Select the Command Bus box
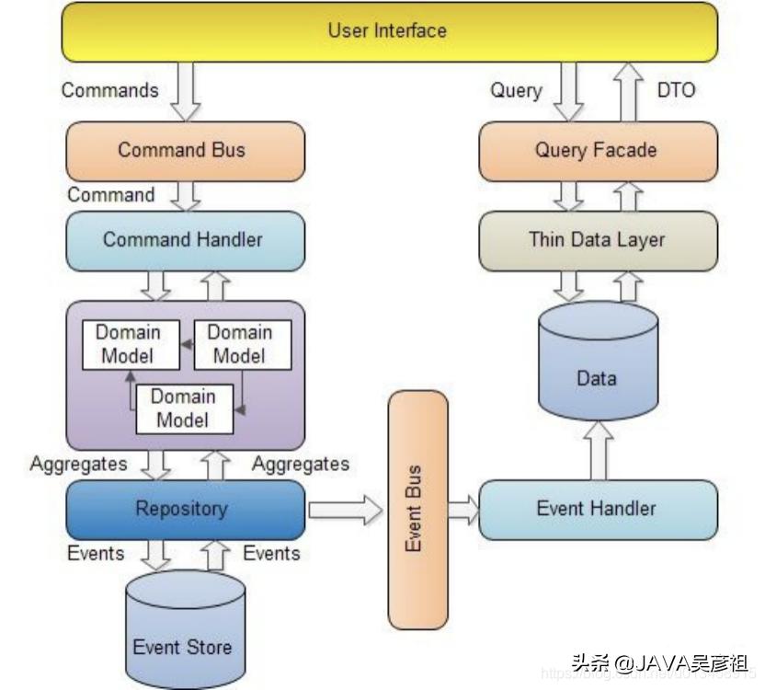coord(184,150)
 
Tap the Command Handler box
coord(184,240)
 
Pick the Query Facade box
coord(598,150)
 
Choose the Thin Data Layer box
coord(598,240)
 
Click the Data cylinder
coord(598,368)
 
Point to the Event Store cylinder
coord(184,635)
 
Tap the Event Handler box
coord(598,509)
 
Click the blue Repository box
coord(184,509)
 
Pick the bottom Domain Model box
coord(184,408)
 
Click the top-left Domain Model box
coord(128,343)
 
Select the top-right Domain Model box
coord(240,343)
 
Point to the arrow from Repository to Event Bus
coord(345,509)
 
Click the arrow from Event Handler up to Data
coord(598,451)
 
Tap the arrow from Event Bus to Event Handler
coord(463,509)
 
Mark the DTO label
coord(677,90)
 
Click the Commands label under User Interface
coord(110,90)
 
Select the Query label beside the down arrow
coord(516,90)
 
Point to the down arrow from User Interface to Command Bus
coord(186,92)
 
